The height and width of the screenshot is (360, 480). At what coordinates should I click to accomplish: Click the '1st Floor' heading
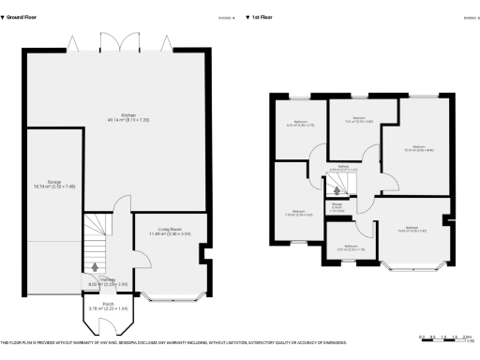click(x=262, y=16)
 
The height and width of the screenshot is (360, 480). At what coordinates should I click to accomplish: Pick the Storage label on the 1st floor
click(x=337, y=207)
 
